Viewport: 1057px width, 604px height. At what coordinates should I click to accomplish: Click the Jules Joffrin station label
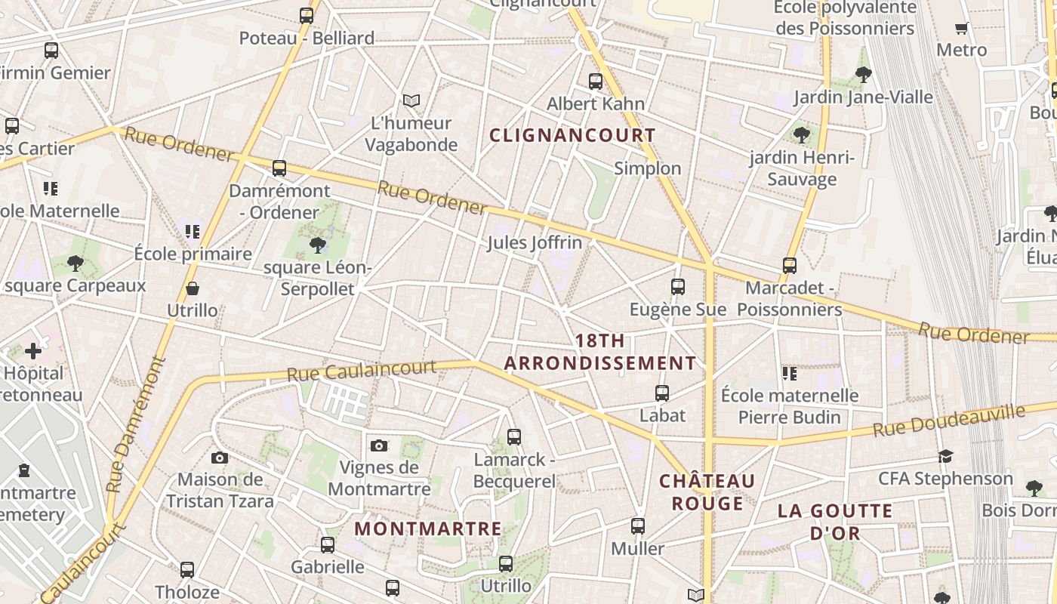click(535, 242)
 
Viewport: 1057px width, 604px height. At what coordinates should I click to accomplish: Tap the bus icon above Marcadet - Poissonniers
click(790, 266)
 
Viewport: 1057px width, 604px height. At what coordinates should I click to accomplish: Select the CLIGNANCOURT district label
click(572, 135)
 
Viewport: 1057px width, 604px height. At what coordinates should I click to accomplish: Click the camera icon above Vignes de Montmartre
click(379, 445)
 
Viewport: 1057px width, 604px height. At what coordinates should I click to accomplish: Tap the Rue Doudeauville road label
click(949, 421)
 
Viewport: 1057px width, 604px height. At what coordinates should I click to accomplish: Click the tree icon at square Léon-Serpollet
click(318, 245)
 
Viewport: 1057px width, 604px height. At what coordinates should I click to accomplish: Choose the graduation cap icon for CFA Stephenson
click(945, 456)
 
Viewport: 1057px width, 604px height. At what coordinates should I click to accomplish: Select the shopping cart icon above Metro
click(961, 29)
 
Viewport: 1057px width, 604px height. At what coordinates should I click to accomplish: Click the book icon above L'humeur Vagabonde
click(411, 100)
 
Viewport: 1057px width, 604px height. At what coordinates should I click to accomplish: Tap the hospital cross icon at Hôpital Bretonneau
click(33, 351)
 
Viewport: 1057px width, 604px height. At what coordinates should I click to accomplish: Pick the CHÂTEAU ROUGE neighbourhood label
click(707, 492)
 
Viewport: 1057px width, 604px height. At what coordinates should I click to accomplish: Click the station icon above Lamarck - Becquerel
click(514, 436)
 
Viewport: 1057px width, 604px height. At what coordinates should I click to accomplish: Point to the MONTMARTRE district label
click(428, 528)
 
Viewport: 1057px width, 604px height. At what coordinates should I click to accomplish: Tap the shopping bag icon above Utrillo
click(193, 288)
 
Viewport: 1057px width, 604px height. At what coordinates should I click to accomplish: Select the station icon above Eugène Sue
click(678, 287)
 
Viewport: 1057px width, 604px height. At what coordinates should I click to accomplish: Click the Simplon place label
click(648, 168)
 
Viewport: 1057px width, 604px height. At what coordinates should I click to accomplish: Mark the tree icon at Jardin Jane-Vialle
click(864, 74)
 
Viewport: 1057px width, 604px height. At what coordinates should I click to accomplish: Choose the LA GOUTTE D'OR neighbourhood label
click(835, 522)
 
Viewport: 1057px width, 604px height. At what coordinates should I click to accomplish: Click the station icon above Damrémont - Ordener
click(279, 168)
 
